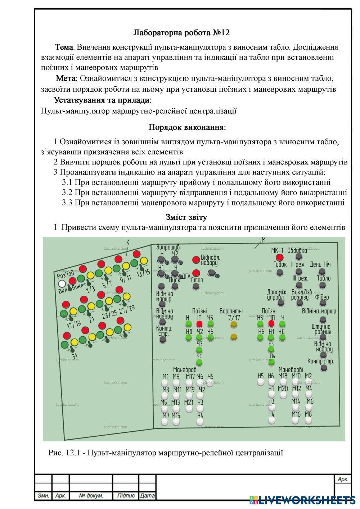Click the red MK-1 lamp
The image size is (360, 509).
pyautogui.click(x=280, y=258)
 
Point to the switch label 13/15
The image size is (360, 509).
pyautogui.click(x=143, y=273)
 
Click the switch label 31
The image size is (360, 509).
pyautogui.click(x=75, y=356)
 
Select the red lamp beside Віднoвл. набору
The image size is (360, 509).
pyautogui.click(x=196, y=260)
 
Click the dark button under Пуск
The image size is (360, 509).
pyautogui.click(x=175, y=286)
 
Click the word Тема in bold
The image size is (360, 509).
pyautogui.click(x=64, y=47)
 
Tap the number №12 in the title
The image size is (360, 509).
pyautogui.click(x=221, y=33)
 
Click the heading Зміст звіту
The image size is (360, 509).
pyautogui.click(x=186, y=217)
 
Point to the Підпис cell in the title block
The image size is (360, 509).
pyautogui.click(x=126, y=496)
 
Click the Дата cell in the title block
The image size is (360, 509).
pyautogui.click(x=147, y=496)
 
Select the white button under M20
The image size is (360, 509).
pyautogui.click(x=283, y=396)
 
